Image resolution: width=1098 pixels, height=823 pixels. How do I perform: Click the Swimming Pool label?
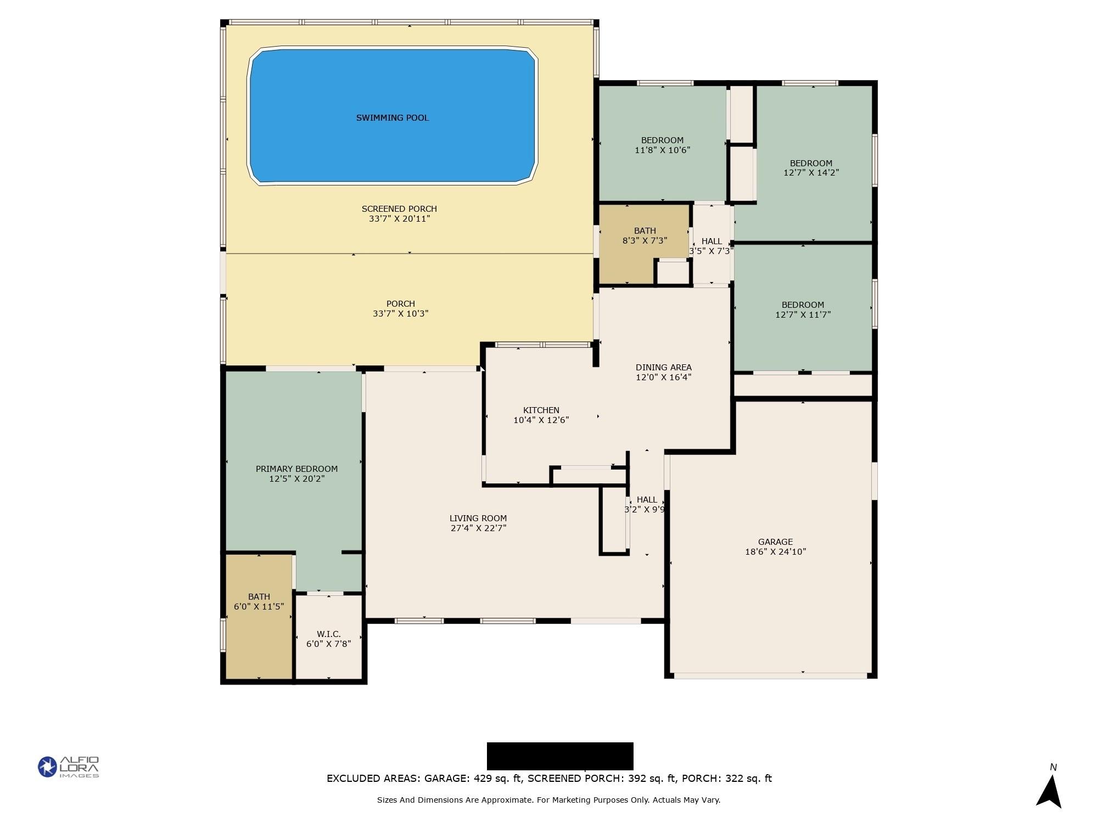pyautogui.click(x=393, y=118)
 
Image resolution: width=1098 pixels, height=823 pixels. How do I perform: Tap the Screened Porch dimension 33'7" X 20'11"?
pyautogui.click(x=399, y=219)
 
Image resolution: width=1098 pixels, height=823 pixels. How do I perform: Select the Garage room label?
pyautogui.click(x=775, y=542)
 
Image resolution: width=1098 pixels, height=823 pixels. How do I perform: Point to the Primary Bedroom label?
pyautogui.click(x=296, y=469)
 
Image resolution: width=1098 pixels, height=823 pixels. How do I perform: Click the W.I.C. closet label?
pyautogui.click(x=328, y=634)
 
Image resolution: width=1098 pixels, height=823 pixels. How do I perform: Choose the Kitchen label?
pyautogui.click(x=541, y=410)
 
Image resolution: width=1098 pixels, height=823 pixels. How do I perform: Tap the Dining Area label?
pyautogui.click(x=663, y=368)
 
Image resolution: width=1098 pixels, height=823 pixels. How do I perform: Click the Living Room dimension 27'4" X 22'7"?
pyautogui.click(x=478, y=528)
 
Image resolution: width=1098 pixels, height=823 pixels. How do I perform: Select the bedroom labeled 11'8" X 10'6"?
pyautogui.click(x=662, y=145)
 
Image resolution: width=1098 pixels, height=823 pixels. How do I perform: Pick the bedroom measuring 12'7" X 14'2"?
pyautogui.click(x=811, y=168)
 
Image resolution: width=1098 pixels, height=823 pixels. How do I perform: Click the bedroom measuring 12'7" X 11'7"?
pyautogui.click(x=803, y=309)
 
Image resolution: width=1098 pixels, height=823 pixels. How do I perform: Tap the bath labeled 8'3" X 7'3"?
pyautogui.click(x=645, y=235)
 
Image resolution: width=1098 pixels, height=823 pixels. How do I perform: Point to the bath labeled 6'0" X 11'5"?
pyautogui.click(x=259, y=601)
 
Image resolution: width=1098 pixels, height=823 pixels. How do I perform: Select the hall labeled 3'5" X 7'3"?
pyautogui.click(x=712, y=246)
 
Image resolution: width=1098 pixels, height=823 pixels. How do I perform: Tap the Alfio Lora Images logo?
pyautogui.click(x=68, y=766)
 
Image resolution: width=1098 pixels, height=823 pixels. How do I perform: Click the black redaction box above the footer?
pyautogui.click(x=560, y=756)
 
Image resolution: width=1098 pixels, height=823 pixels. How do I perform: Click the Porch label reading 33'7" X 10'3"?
pyautogui.click(x=400, y=309)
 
